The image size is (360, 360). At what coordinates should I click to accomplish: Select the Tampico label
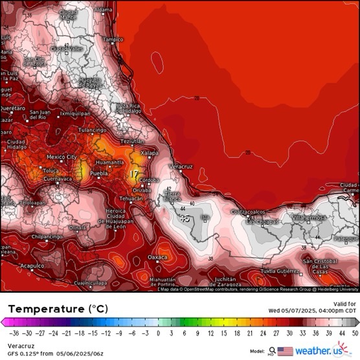(x=113, y=39)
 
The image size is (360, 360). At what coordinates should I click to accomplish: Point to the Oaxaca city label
(x=157, y=257)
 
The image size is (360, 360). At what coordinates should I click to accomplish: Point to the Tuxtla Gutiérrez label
(x=280, y=271)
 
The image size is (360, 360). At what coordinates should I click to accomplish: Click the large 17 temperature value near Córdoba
(x=133, y=174)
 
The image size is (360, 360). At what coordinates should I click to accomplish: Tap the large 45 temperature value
(x=185, y=219)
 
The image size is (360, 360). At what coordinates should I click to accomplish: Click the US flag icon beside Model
(x=285, y=351)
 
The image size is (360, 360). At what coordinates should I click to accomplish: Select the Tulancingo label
(x=92, y=130)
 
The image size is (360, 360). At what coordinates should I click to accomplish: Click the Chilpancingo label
(x=48, y=237)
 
